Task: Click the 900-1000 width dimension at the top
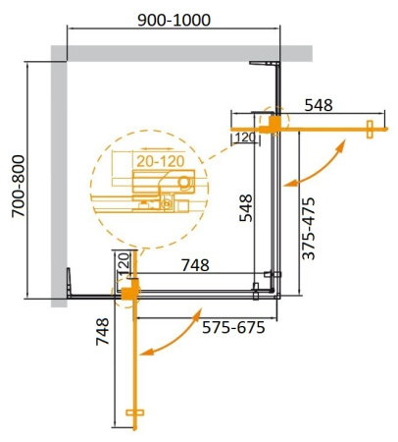[173, 20]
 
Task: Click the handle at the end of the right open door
[371, 127]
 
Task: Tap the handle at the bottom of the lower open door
[134, 412]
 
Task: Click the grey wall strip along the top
[186, 51]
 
